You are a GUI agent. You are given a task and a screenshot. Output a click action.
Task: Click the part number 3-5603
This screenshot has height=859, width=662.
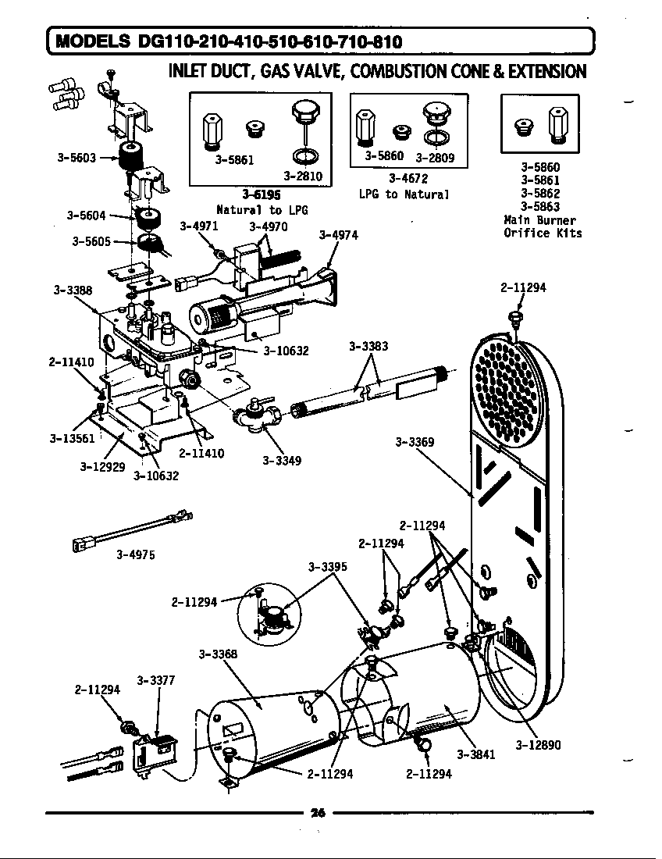[77, 157]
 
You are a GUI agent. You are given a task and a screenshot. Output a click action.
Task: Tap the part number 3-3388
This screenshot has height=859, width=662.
[73, 290]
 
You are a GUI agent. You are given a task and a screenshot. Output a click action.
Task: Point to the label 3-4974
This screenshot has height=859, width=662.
[339, 235]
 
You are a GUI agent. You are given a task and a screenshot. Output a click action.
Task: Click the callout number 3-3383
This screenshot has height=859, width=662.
[368, 345]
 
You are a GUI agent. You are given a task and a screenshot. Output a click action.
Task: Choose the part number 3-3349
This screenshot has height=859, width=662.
[282, 460]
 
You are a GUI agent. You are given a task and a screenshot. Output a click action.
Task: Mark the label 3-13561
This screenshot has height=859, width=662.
[72, 437]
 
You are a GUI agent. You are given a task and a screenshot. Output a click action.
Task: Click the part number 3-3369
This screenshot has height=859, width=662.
[415, 442]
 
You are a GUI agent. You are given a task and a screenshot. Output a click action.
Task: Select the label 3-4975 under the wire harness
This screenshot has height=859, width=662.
[135, 554]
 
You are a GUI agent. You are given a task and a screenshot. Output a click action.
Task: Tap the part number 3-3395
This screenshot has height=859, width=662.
[328, 566]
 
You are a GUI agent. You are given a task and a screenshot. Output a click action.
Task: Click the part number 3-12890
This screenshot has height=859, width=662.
[538, 745]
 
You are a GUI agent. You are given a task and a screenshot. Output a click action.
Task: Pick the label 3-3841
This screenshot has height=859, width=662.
[476, 754]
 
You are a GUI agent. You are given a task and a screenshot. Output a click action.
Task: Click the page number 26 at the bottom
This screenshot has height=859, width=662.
[317, 813]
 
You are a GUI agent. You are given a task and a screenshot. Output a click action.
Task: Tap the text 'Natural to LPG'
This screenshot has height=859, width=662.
[262, 209]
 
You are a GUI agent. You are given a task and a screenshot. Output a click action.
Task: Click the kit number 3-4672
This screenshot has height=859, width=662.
[408, 180]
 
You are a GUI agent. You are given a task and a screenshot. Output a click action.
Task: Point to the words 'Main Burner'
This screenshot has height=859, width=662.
[540, 220]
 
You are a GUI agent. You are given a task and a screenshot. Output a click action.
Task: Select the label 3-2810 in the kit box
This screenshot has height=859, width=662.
[302, 176]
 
